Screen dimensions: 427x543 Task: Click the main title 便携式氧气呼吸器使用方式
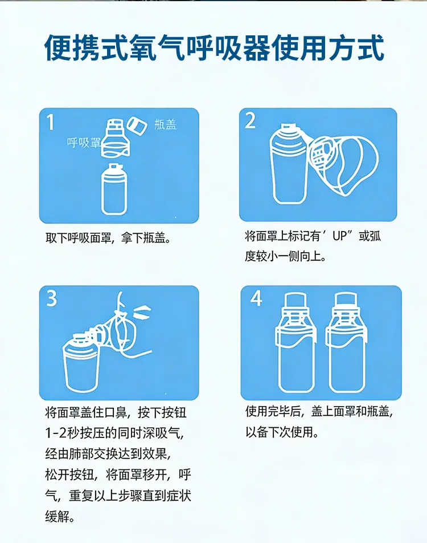click(215, 47)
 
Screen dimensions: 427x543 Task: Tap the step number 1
click(51, 122)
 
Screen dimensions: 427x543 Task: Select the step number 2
click(250, 120)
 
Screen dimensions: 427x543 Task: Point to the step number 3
click(51, 298)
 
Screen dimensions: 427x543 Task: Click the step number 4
click(256, 298)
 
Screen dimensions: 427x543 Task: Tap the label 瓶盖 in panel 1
click(165, 124)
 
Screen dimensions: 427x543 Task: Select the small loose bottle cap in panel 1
click(137, 125)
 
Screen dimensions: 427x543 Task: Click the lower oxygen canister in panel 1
click(114, 189)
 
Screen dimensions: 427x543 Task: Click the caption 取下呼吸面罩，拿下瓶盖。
click(108, 238)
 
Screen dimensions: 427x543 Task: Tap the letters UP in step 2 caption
click(340, 237)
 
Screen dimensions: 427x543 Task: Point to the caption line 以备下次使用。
click(282, 432)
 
